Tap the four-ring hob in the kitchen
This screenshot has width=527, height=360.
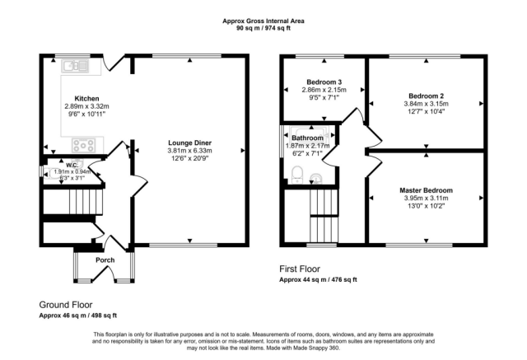(85, 145)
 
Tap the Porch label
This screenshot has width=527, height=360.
(105, 260)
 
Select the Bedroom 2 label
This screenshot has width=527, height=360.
(426, 96)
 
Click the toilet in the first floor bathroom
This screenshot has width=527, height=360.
(298, 173)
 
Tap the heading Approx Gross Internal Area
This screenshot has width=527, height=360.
(263, 21)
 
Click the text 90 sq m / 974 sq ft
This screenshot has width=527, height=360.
(263, 29)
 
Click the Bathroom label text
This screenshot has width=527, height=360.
(311, 137)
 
